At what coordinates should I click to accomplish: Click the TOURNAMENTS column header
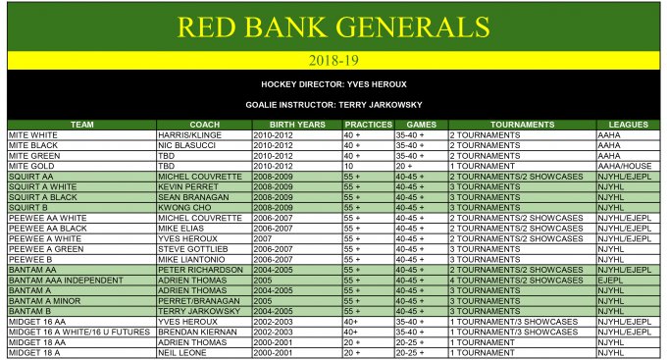pyautogui.click(x=522, y=126)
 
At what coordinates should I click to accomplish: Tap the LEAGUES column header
pyautogui.click(x=628, y=126)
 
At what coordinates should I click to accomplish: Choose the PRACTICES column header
pyautogui.click(x=368, y=126)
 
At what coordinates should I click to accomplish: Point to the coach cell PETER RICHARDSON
pyautogui.click(x=200, y=269)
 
